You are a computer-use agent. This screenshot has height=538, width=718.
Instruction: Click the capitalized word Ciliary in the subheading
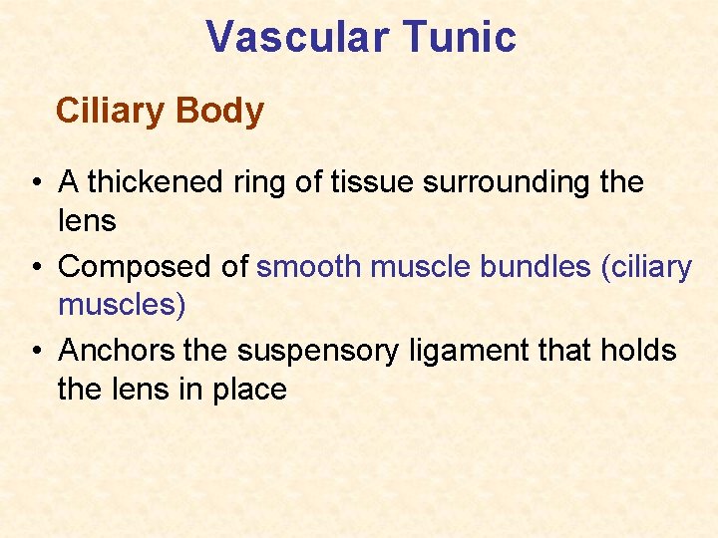click(111, 111)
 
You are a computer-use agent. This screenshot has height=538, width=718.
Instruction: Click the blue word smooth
click(309, 267)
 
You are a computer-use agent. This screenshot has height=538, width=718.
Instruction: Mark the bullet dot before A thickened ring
click(35, 183)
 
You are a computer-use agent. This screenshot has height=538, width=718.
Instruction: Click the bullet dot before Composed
click(35, 267)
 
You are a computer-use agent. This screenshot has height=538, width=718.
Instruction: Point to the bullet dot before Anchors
click(35, 351)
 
